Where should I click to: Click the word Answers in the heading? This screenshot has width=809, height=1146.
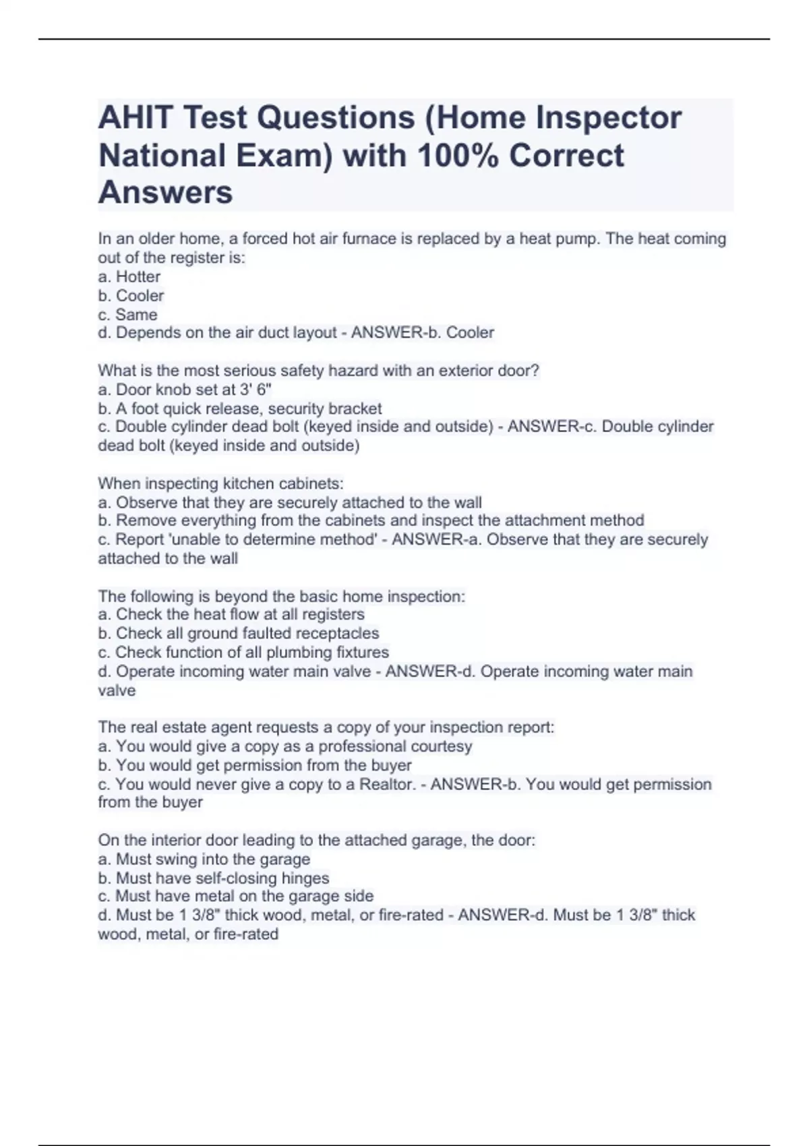click(x=166, y=193)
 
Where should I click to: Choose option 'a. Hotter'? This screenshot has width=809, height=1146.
click(x=129, y=276)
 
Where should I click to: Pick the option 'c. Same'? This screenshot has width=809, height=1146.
click(x=127, y=314)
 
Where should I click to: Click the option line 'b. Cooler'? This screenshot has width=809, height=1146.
click(x=131, y=295)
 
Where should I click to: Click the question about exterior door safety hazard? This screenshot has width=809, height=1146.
click(x=318, y=371)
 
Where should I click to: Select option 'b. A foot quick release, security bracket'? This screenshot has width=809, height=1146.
click(x=240, y=409)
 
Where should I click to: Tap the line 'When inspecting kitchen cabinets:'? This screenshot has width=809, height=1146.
click(x=220, y=483)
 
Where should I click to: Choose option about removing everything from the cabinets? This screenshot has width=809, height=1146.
click(x=371, y=520)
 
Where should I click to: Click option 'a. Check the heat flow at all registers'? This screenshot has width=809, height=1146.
click(x=231, y=614)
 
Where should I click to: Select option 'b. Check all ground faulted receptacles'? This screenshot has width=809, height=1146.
click(x=239, y=633)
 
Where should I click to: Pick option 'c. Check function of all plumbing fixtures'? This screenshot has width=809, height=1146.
click(x=243, y=652)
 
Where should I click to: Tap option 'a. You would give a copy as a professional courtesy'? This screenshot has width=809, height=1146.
click(x=285, y=746)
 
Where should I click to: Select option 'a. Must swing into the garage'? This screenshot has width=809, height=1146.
click(x=204, y=859)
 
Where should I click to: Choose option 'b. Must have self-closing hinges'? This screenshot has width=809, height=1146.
click(x=214, y=878)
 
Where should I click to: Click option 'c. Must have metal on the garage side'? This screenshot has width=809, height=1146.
click(x=236, y=896)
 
